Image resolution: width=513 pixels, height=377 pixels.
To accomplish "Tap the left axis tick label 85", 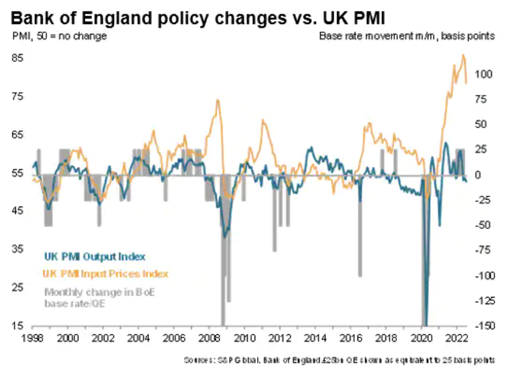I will pos(19,58).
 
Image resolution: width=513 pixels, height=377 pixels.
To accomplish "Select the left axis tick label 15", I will pos(19,326).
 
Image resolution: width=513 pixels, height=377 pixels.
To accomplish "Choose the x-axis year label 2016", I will pos(351,338).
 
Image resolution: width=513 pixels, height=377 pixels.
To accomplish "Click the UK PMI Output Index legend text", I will pos(95,256).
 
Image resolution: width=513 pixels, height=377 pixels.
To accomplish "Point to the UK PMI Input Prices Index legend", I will pos(106,273).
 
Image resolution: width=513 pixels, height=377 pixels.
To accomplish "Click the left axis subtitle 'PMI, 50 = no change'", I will pos(60,36).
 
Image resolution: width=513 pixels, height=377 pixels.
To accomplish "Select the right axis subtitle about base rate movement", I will pos(407,36).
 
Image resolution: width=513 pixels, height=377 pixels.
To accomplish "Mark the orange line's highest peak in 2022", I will pos(463,55).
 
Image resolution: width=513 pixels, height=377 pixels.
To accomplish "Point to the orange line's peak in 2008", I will pos(218,100).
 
